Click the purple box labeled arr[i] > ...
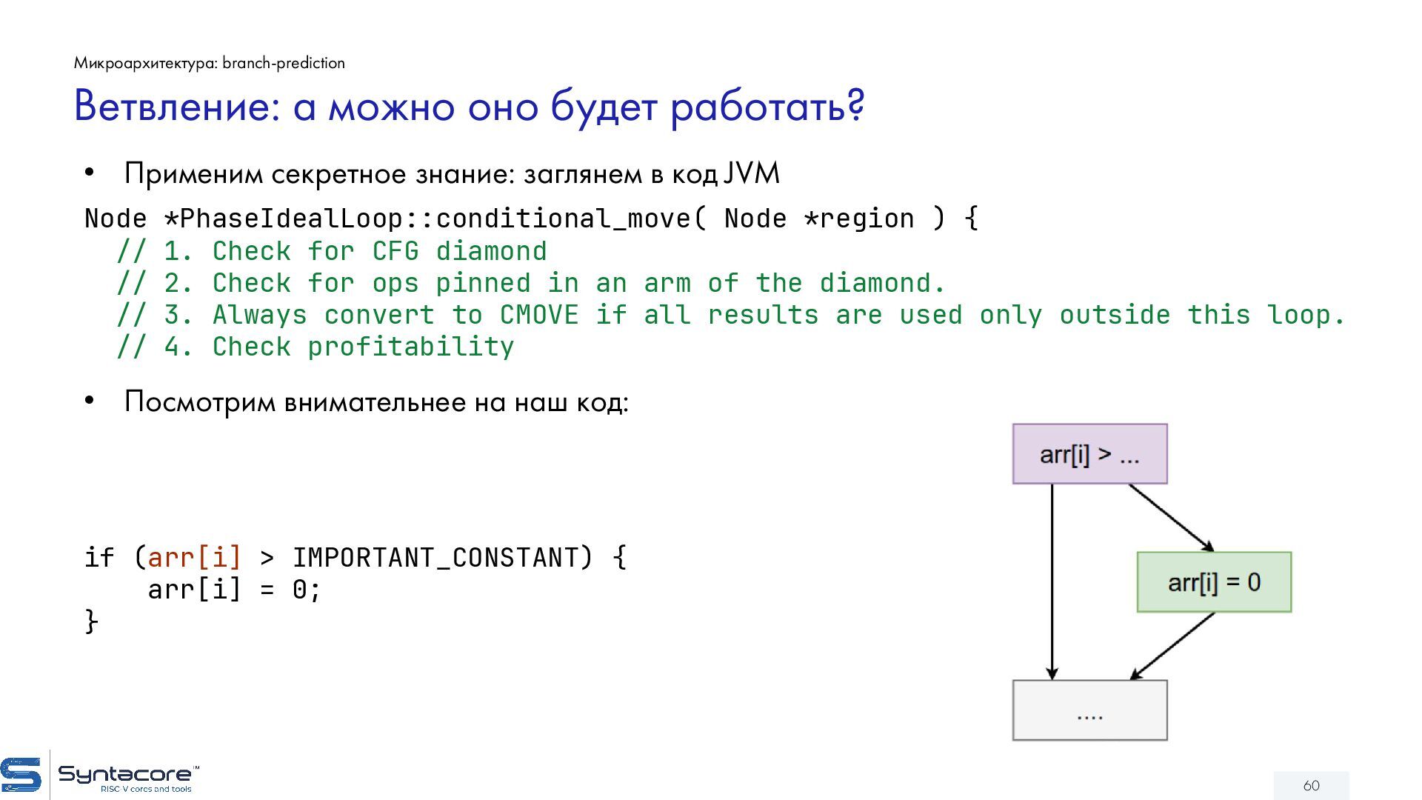1089,454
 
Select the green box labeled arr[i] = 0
1214,582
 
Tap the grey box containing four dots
1089,710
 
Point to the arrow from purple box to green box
1171,518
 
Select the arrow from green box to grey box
1172,646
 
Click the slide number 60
1311,785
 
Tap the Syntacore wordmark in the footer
124,775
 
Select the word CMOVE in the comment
539,315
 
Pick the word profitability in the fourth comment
411,347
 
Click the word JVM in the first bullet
751,173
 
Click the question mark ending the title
856,106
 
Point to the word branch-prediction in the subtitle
284,63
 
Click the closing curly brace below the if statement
91,621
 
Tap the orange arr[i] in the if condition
195,558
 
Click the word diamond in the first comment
491,251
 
